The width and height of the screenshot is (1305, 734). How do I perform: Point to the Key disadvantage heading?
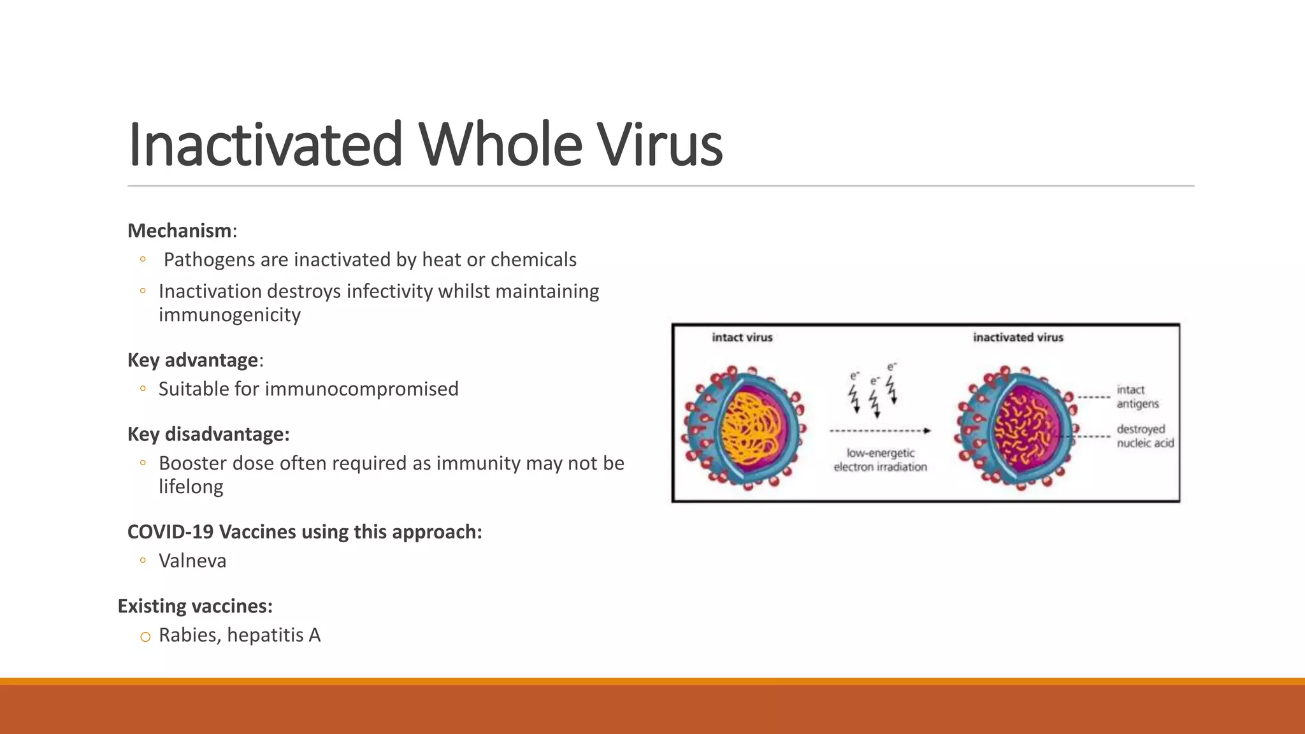click(x=208, y=434)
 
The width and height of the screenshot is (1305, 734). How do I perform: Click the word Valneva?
click(x=192, y=561)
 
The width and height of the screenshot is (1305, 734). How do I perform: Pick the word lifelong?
click(x=191, y=487)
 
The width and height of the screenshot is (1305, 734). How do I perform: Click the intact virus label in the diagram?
click(x=742, y=338)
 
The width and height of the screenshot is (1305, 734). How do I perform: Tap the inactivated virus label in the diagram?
click(x=1018, y=338)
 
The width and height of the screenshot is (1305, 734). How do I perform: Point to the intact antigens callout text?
click(x=1137, y=397)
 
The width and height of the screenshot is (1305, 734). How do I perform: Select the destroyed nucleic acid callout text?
click(x=1144, y=436)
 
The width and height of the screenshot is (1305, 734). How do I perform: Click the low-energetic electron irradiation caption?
click(x=880, y=460)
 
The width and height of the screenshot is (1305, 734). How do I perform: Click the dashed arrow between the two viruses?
click(x=879, y=431)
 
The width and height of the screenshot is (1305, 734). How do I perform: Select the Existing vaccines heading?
click(x=195, y=606)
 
